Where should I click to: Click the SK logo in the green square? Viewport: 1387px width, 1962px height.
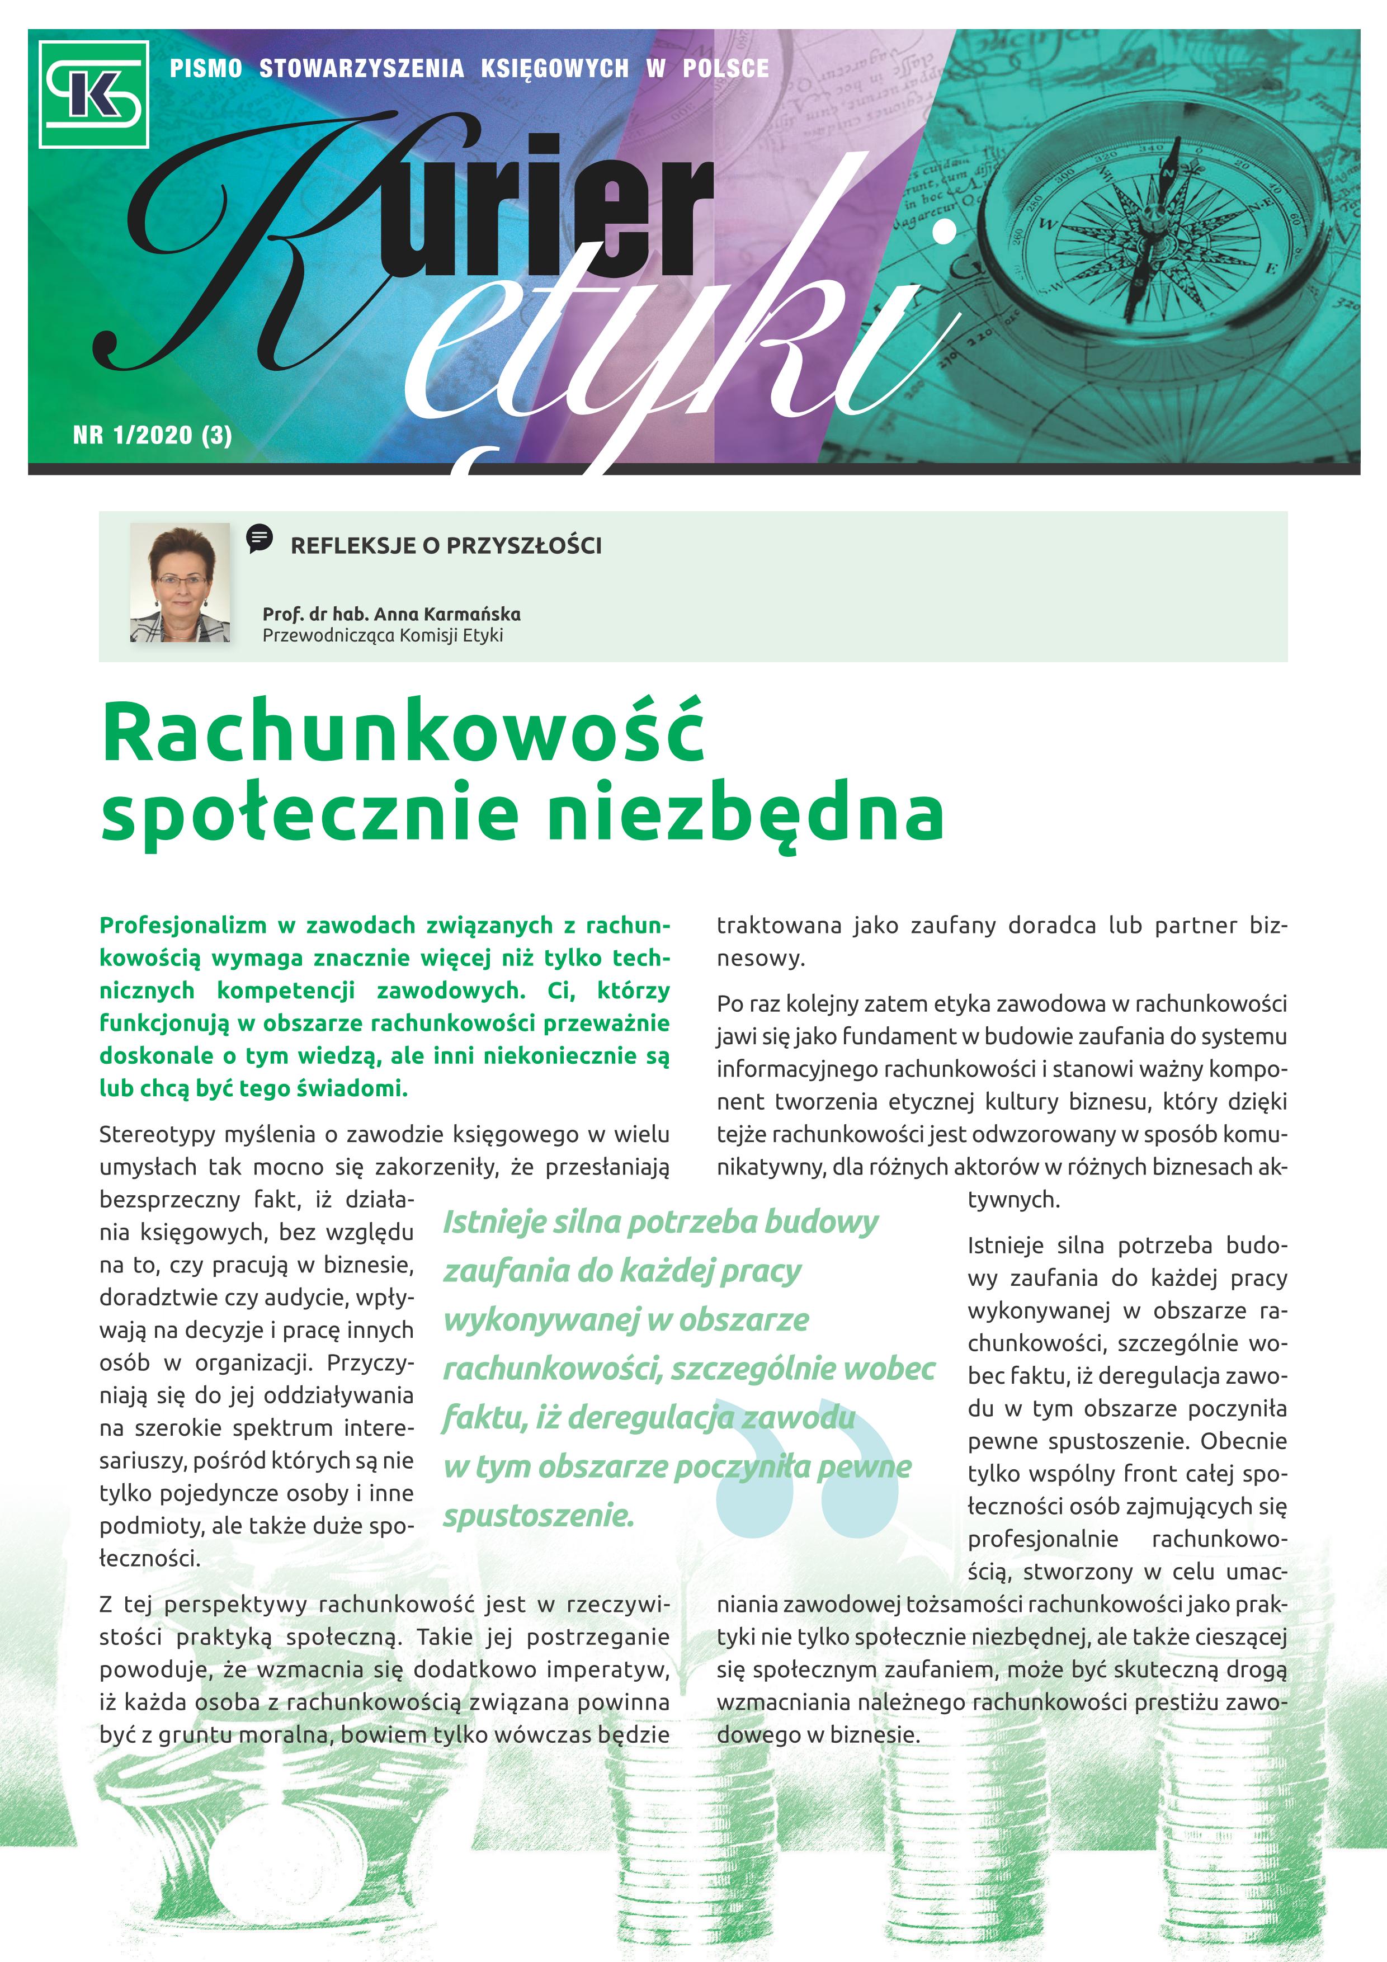(94, 94)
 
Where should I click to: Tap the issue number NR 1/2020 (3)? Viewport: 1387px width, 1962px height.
(152, 435)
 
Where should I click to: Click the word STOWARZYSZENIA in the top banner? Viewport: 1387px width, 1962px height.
(361, 68)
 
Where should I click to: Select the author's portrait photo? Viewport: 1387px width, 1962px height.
(180, 583)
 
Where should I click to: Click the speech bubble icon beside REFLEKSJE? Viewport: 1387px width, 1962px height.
(259, 539)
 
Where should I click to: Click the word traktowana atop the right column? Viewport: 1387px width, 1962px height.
(767, 926)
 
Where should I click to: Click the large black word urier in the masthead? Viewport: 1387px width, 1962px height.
(547, 214)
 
